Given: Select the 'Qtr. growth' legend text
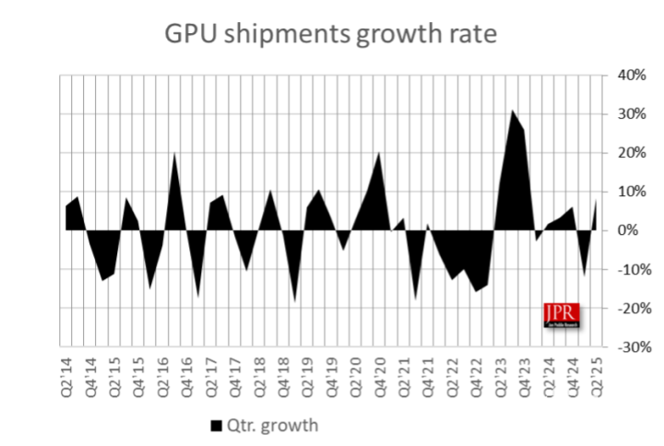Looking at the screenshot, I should [274, 425].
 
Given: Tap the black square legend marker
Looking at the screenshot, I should [217, 425].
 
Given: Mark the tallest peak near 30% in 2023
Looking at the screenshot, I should [512, 111].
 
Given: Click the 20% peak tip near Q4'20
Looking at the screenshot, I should [379, 152].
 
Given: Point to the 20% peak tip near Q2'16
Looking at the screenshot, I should [174, 153].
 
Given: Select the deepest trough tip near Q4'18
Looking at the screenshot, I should [295, 301].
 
